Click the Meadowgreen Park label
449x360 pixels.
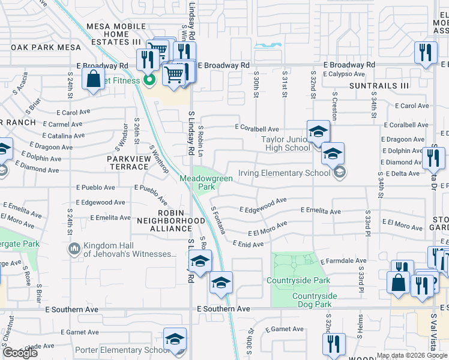pos(197,182)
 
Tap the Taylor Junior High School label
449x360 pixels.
pos(286,143)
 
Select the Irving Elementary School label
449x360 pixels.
pos(285,173)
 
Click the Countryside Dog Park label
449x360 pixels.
pos(315,300)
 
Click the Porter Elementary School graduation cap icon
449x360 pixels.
pos(175,340)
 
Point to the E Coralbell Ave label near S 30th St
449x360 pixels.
pos(257,128)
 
